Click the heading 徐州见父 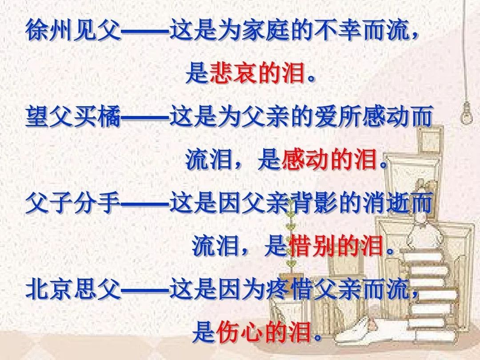73,30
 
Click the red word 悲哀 234,73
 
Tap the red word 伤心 240,332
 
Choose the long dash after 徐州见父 145,31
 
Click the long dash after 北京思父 145,289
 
